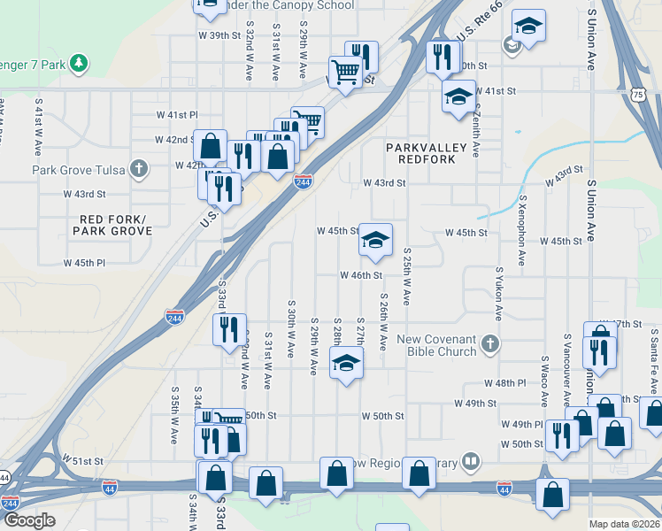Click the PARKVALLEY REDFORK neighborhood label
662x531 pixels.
point(420,152)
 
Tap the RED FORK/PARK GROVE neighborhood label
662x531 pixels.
point(116,225)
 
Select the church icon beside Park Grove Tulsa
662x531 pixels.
point(137,168)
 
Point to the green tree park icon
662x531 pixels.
point(80,62)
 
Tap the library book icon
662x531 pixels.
point(472,461)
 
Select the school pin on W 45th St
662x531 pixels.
point(375,240)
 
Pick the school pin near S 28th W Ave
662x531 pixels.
point(346,362)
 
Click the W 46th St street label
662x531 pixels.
point(361,275)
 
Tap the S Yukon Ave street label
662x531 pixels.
point(499,295)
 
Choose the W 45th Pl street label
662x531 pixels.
point(84,263)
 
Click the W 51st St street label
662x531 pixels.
point(83,461)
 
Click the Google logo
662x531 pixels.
point(29,520)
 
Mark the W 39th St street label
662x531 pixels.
point(219,35)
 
